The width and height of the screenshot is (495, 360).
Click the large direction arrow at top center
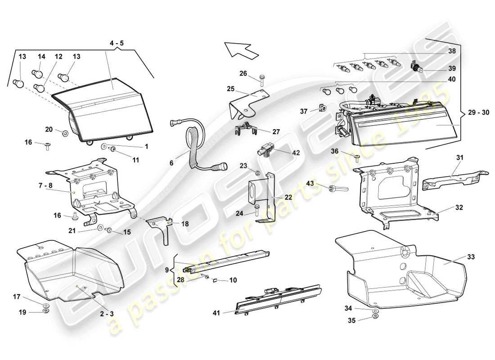pyautogui.click(x=240, y=48)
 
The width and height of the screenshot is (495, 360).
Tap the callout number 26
pyautogui.click(x=243, y=74)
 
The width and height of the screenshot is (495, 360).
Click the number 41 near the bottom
pyautogui.click(x=217, y=312)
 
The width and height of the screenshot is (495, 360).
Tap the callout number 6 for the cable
pyautogui.click(x=171, y=163)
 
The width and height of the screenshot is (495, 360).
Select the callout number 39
pyautogui.click(x=452, y=68)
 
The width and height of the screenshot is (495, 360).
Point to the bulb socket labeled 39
pyautogui.click(x=418, y=68)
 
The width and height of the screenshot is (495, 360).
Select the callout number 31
pyautogui.click(x=459, y=157)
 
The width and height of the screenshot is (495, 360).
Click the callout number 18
pyautogui.click(x=185, y=223)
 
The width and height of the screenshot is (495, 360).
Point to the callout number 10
pyautogui.click(x=233, y=280)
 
